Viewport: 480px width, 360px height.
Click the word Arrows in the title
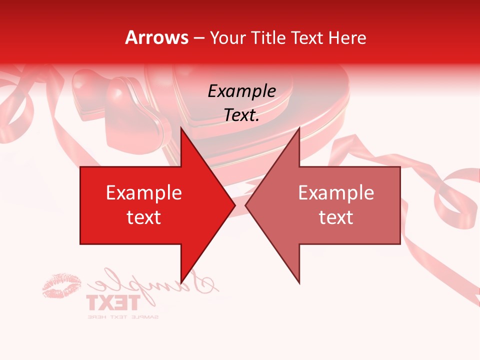pos(157,37)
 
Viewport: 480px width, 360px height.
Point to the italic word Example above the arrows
pos(241,91)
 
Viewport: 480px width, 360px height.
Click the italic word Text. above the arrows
pos(241,115)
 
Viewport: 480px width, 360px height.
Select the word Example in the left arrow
pos(143,192)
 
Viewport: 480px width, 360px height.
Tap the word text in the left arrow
pos(143,217)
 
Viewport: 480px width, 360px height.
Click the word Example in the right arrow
pos(336,192)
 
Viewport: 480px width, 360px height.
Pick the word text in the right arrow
pos(336,217)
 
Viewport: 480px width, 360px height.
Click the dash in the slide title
pos(198,37)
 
